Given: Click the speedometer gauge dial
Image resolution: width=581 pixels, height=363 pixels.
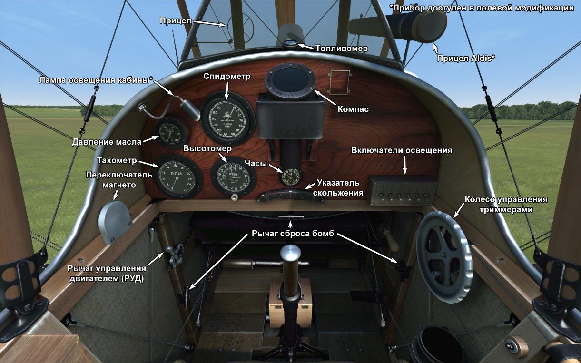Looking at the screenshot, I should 225,118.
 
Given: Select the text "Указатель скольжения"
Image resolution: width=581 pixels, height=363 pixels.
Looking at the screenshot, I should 338,188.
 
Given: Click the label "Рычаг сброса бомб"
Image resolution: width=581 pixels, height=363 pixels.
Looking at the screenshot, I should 290,234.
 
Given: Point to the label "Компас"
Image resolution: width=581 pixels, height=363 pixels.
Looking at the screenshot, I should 353,109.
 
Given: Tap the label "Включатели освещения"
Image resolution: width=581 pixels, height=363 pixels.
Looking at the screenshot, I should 401,150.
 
